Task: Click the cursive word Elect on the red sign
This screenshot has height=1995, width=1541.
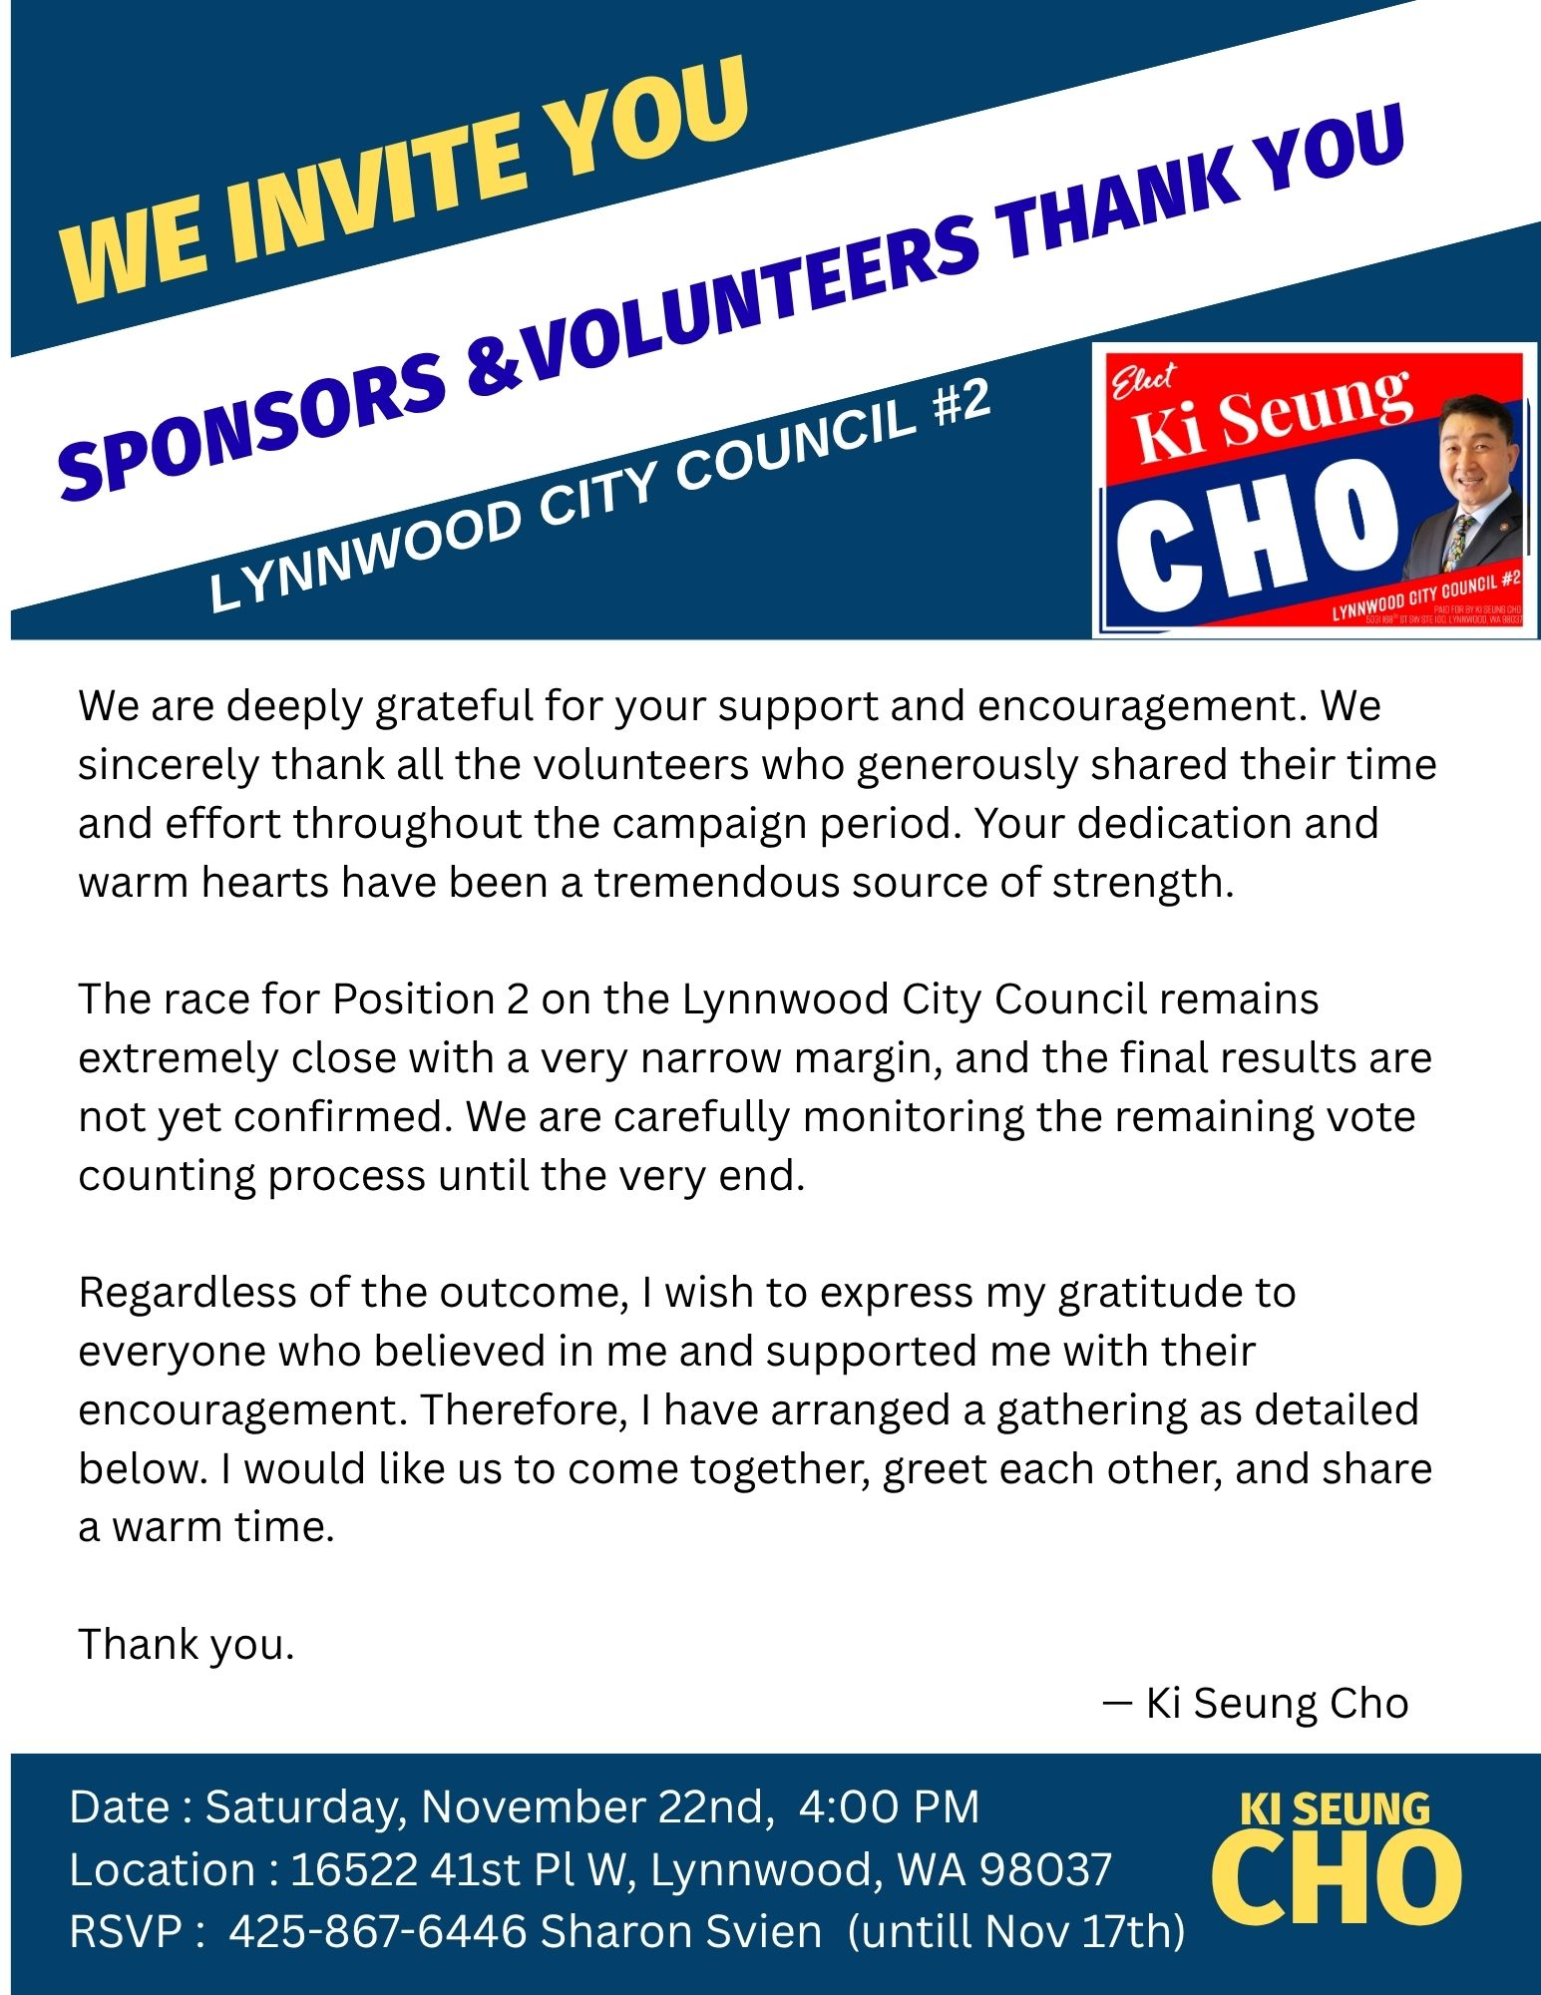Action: coord(1144,383)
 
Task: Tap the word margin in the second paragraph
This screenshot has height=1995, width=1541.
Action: coord(857,1058)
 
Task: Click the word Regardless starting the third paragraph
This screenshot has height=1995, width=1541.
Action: coord(187,1293)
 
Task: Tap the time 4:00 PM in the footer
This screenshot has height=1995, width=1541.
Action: coord(889,1807)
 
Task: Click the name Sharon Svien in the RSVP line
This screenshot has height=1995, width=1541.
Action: coord(680,1931)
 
